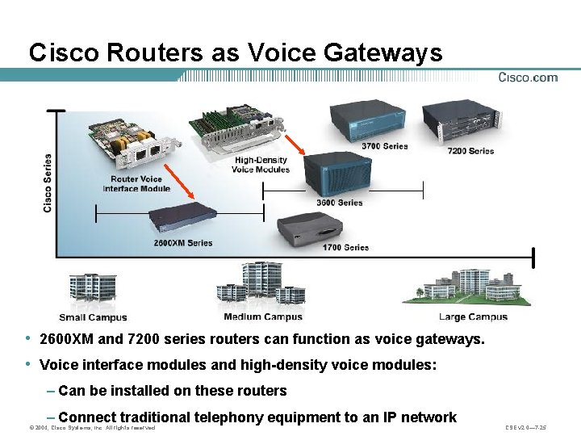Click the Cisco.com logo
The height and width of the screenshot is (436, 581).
click(x=528, y=78)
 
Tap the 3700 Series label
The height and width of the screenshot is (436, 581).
click(x=385, y=146)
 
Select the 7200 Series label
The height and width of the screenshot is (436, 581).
click(x=470, y=151)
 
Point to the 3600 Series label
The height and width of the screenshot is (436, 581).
click(x=339, y=203)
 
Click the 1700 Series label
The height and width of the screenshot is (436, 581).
click(x=345, y=248)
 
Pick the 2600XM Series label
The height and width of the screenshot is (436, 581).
click(x=183, y=242)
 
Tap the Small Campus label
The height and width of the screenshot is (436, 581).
click(x=93, y=317)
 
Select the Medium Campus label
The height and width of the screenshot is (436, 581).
click(x=263, y=317)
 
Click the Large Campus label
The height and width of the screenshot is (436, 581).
click(x=474, y=317)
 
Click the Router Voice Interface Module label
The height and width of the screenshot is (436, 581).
click(x=136, y=184)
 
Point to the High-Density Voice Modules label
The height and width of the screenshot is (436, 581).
click(x=260, y=165)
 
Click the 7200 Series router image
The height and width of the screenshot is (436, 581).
click(x=457, y=121)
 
